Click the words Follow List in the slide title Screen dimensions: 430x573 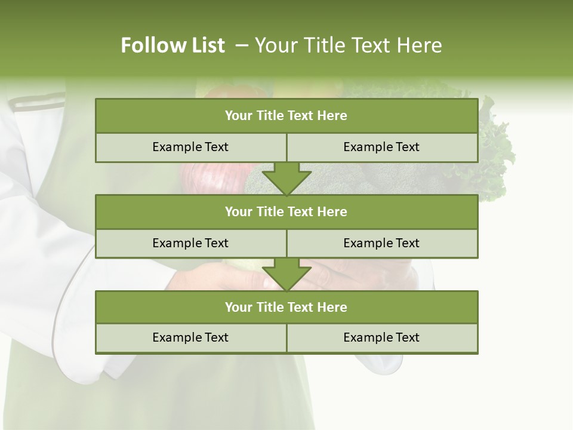pos(172,45)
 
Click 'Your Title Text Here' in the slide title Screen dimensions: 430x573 pos(348,45)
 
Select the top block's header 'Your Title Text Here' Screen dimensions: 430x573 pos(286,116)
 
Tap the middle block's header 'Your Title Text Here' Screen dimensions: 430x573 pos(286,211)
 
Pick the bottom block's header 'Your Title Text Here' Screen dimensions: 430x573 pos(286,307)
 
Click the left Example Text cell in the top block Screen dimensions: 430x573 pos(190,147)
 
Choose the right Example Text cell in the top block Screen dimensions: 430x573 pos(381,147)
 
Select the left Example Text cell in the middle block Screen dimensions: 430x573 pos(190,243)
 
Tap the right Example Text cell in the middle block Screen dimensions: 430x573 pos(381,243)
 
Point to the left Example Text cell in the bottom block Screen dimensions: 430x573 pos(190,337)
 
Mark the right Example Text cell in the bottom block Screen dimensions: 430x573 pos(381,337)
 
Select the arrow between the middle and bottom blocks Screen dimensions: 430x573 pos(286,274)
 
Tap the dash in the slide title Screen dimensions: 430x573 pos(242,45)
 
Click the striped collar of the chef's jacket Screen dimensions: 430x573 pos(39,103)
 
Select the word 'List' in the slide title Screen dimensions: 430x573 pos(207,45)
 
